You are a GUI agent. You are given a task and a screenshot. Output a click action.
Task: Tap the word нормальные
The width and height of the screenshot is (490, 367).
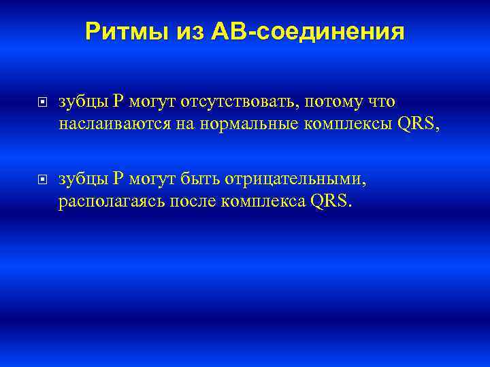click(x=226, y=124)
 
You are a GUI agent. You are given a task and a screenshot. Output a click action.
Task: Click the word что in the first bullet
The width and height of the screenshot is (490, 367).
click(x=380, y=102)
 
